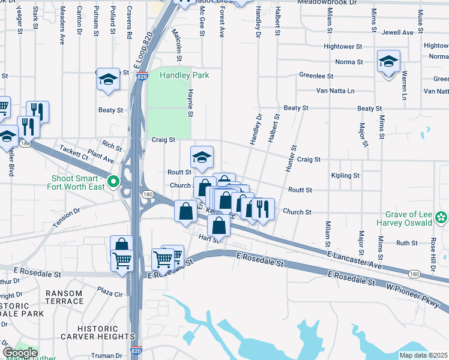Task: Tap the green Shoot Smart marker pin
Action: point(113,181)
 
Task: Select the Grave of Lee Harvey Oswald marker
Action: point(442,217)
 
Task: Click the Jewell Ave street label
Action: point(399,32)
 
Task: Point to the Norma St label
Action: point(349,62)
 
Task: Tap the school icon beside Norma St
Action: point(388,62)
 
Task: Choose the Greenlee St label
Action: point(316,76)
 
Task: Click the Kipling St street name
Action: point(345,176)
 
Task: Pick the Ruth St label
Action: point(406,243)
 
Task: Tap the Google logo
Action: point(20,353)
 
